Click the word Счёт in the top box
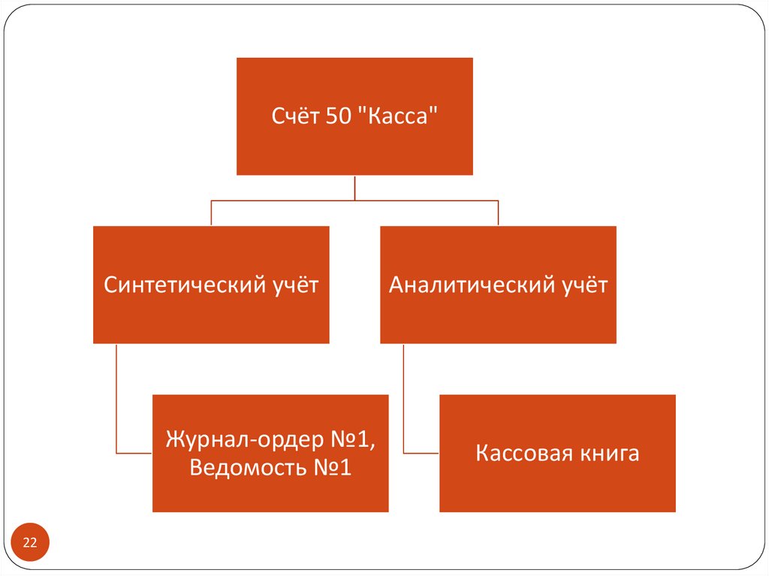coord(295,116)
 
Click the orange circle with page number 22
coord(31,543)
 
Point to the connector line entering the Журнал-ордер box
coord(135,453)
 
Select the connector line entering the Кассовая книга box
coord(422,453)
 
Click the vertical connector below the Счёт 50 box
coord(354,188)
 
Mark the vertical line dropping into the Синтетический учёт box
coord(211,213)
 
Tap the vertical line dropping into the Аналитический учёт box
coord(498,213)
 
